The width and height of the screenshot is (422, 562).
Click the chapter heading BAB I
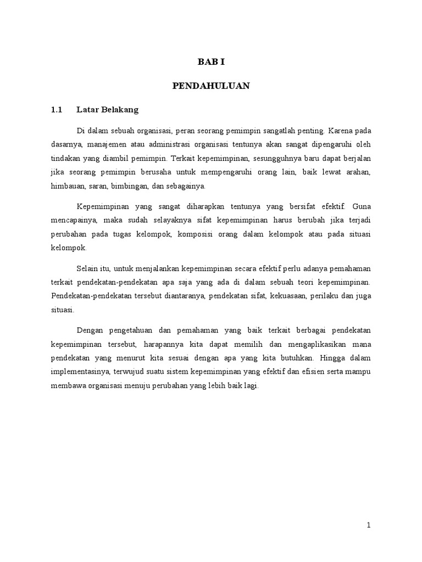coord(211,62)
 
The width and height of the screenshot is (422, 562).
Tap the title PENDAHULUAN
coord(211,86)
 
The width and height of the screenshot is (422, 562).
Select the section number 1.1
coord(58,110)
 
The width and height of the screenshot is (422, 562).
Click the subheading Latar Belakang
coord(108,110)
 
